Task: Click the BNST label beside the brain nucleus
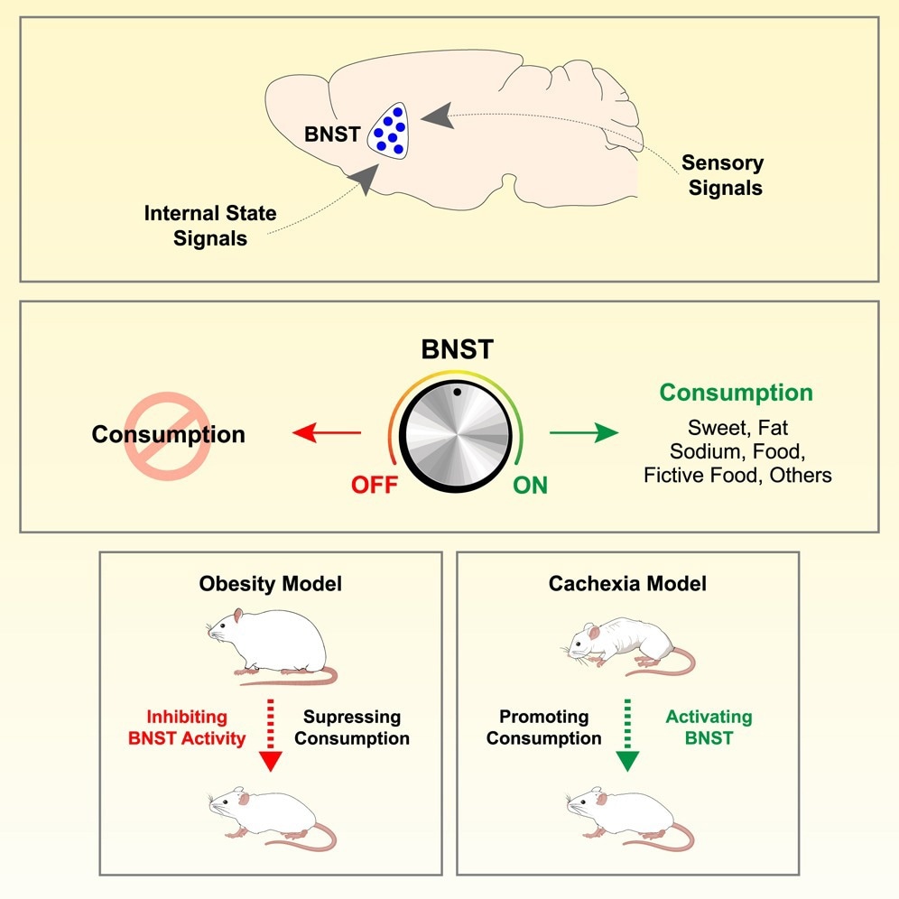coord(332,134)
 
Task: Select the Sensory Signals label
coord(722,175)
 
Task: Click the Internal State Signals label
coord(210,226)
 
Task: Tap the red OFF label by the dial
coord(375,486)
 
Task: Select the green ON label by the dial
coord(530,486)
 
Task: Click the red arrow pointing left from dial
coord(325,435)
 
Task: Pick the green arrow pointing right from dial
coord(584,434)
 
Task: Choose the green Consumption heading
coord(736,394)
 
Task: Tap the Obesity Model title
coord(271,583)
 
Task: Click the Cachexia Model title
coord(627,583)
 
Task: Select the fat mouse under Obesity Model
coord(271,645)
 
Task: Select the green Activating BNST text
coord(709,728)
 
